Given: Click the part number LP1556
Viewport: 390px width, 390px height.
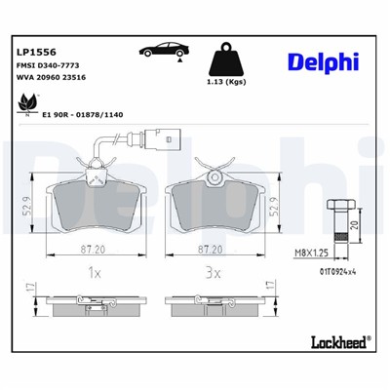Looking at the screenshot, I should pos(35,50).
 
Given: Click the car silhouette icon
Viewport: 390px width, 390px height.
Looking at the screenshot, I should pos(161,51).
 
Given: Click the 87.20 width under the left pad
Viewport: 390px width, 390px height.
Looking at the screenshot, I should pos(94,250).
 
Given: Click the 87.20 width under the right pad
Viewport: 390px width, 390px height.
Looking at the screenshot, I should pos(212,250).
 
